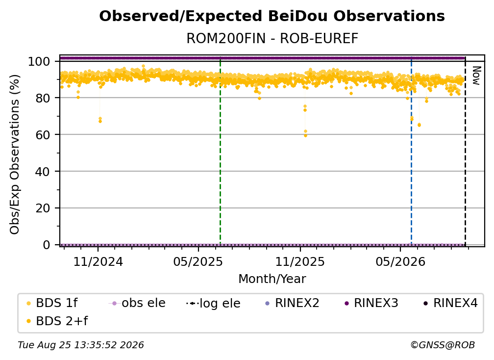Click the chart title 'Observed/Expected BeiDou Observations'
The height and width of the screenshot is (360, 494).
tap(272, 16)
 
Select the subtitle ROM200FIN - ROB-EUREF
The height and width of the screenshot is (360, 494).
tap(272, 39)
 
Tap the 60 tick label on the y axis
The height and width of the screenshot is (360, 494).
tap(43, 134)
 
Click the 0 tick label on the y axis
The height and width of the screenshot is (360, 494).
tap(46, 245)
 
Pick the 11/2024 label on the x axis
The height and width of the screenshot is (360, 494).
tap(98, 261)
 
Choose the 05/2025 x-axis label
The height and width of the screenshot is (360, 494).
tap(198, 261)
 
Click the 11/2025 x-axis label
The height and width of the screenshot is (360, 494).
tap(300, 261)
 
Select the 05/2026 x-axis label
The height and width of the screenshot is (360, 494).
tap(400, 261)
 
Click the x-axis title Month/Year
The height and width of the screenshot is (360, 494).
tap(272, 279)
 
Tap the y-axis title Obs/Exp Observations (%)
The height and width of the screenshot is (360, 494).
tap(15, 154)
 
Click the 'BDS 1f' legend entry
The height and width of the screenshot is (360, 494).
tap(52, 303)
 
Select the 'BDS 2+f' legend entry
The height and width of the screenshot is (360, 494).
tap(57, 321)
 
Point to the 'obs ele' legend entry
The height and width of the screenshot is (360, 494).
tap(137, 303)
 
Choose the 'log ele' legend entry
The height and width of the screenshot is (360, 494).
tap(213, 303)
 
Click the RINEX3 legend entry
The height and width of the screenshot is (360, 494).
tap(371, 303)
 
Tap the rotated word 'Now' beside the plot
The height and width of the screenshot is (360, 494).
tap(476, 76)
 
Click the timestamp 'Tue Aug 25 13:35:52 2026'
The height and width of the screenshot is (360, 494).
tap(81, 345)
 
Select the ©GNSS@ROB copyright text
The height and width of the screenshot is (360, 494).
tap(443, 345)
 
